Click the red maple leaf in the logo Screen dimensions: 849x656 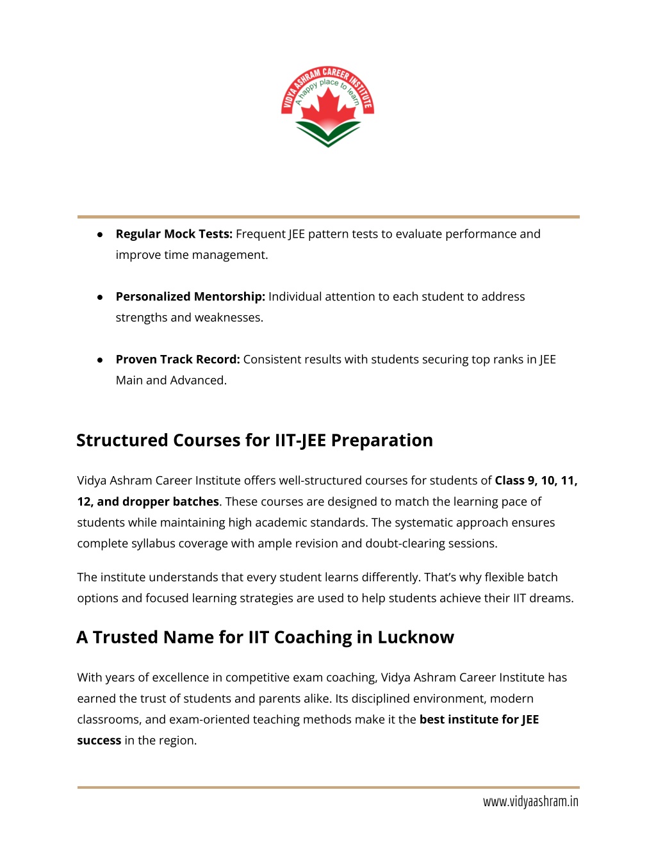(x=328, y=109)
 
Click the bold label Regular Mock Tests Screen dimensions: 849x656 (x=174, y=234)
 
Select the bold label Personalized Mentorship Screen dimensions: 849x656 (x=190, y=297)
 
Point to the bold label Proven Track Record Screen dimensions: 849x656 (x=177, y=359)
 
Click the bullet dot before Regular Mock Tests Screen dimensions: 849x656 (x=100, y=235)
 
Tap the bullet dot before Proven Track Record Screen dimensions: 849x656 (x=100, y=360)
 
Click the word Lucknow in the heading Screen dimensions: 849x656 (x=415, y=637)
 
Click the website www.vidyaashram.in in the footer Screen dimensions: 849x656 (x=530, y=802)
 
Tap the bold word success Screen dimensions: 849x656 (x=99, y=741)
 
